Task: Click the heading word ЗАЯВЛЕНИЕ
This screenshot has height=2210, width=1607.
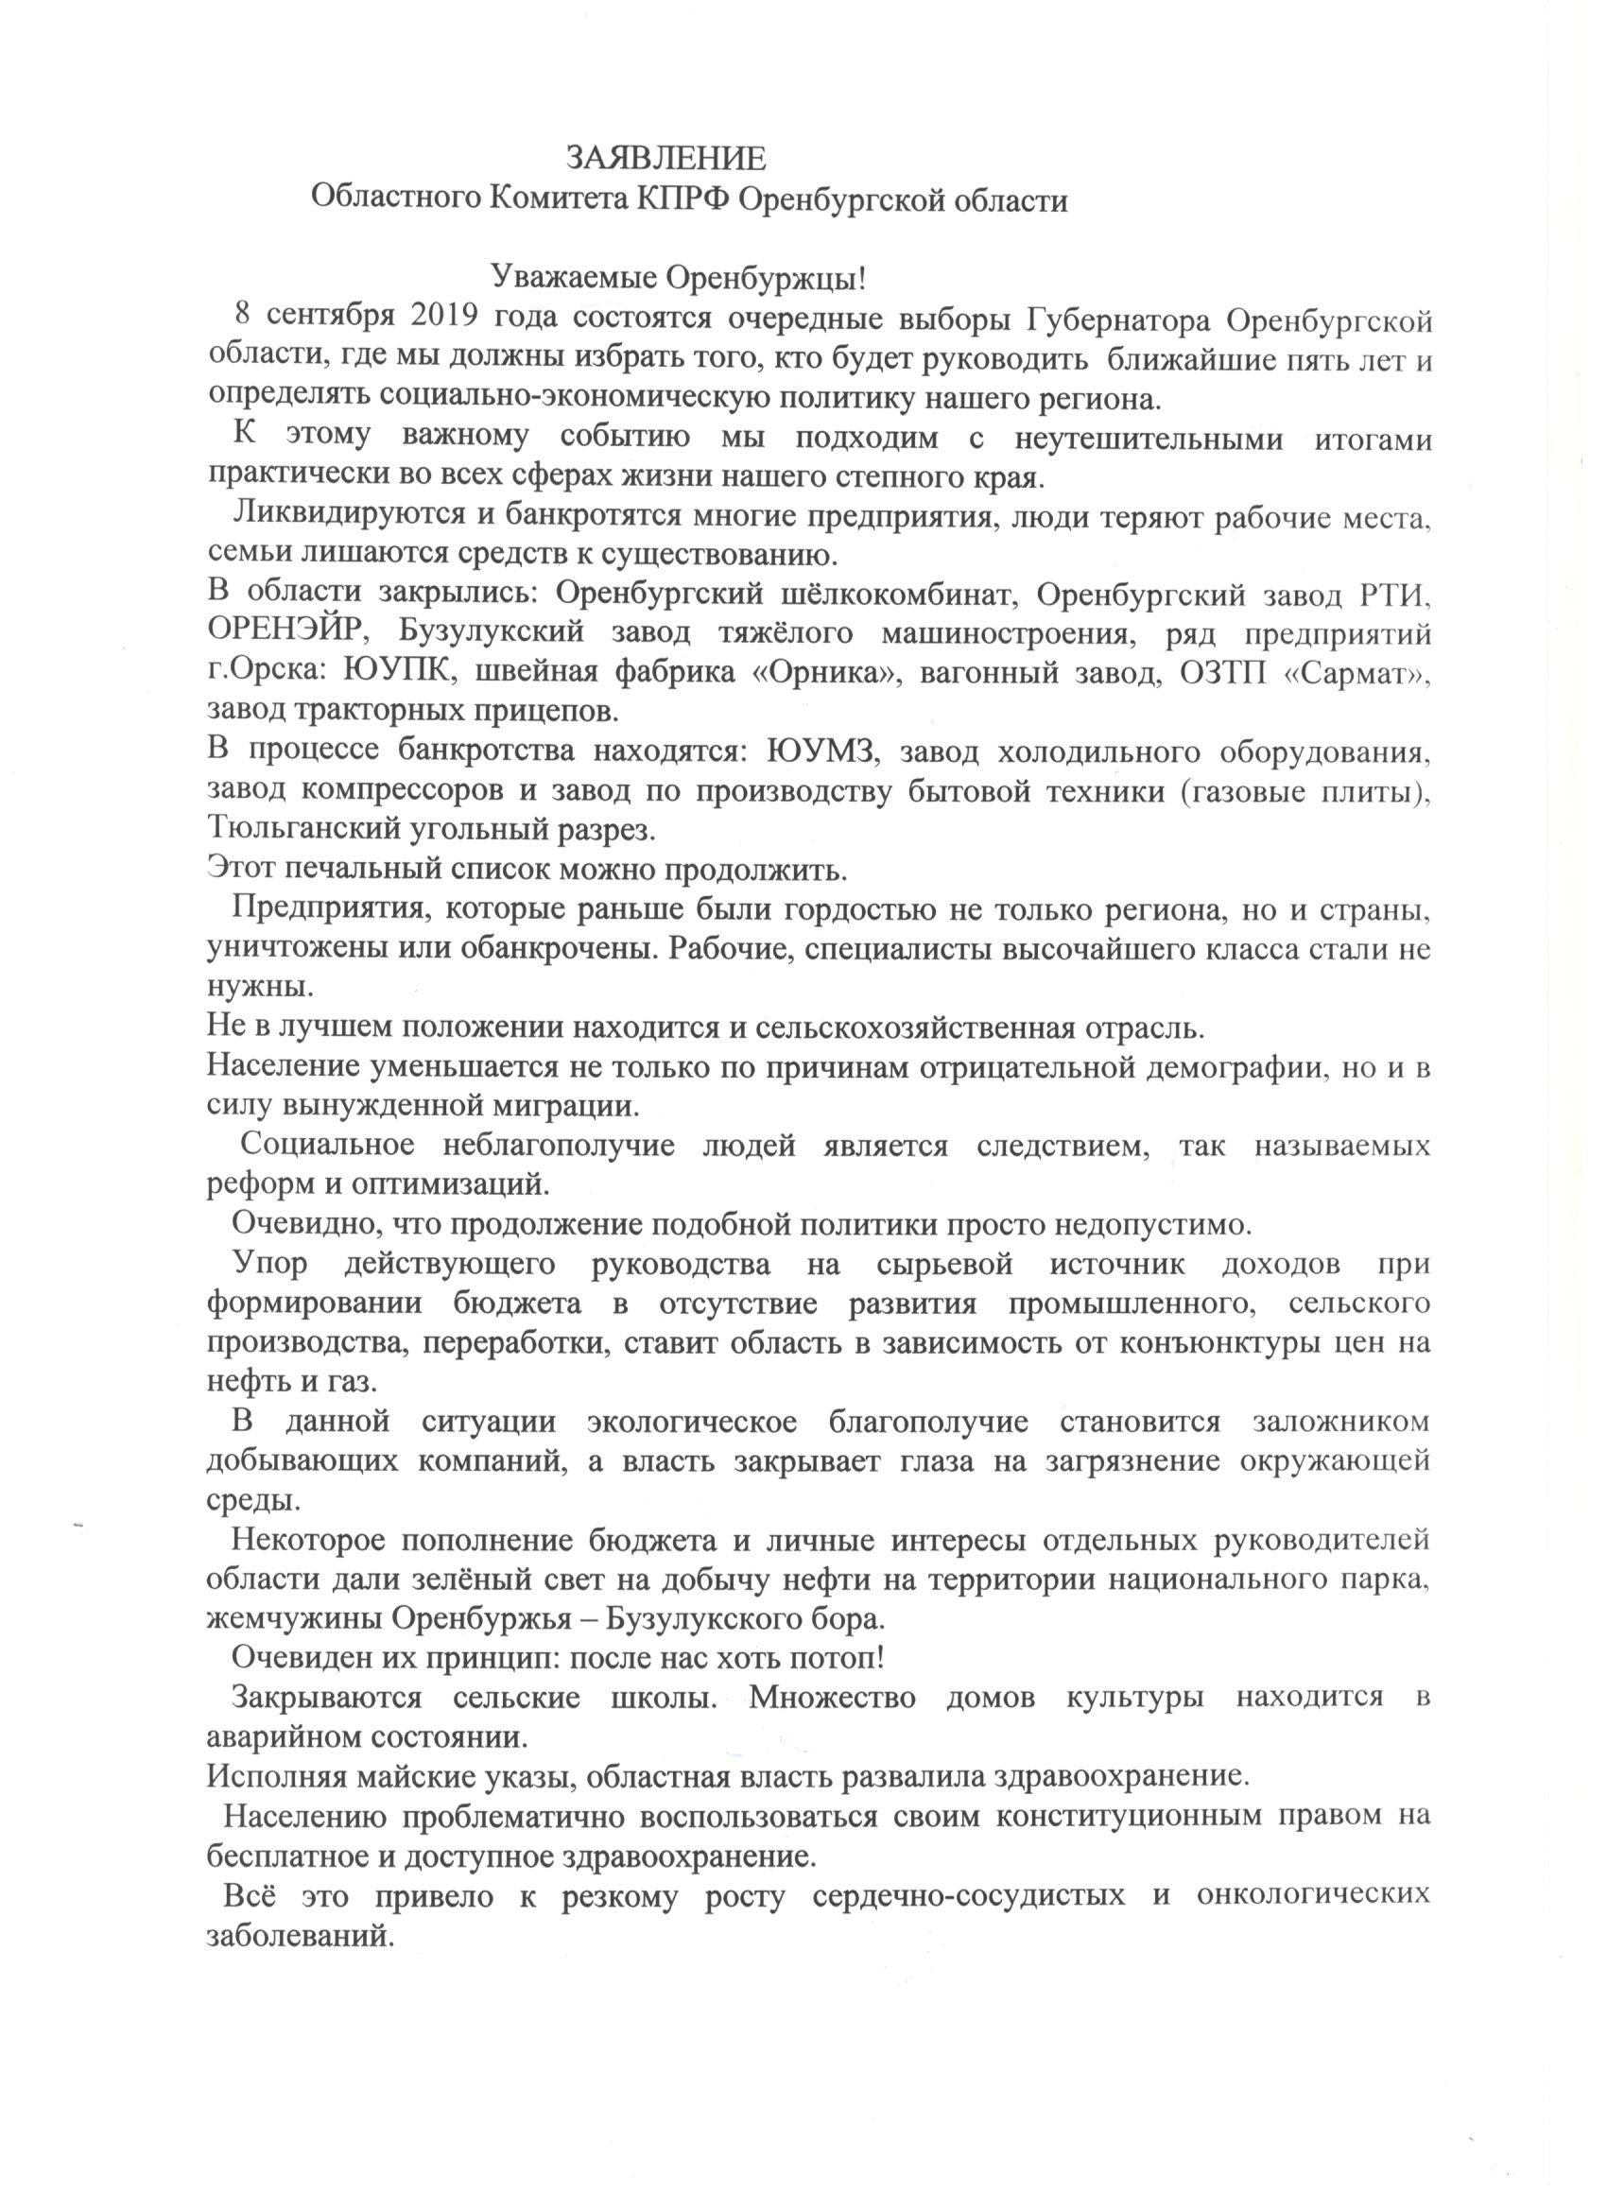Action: click(666, 158)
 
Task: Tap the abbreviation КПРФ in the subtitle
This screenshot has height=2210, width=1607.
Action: click(683, 200)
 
